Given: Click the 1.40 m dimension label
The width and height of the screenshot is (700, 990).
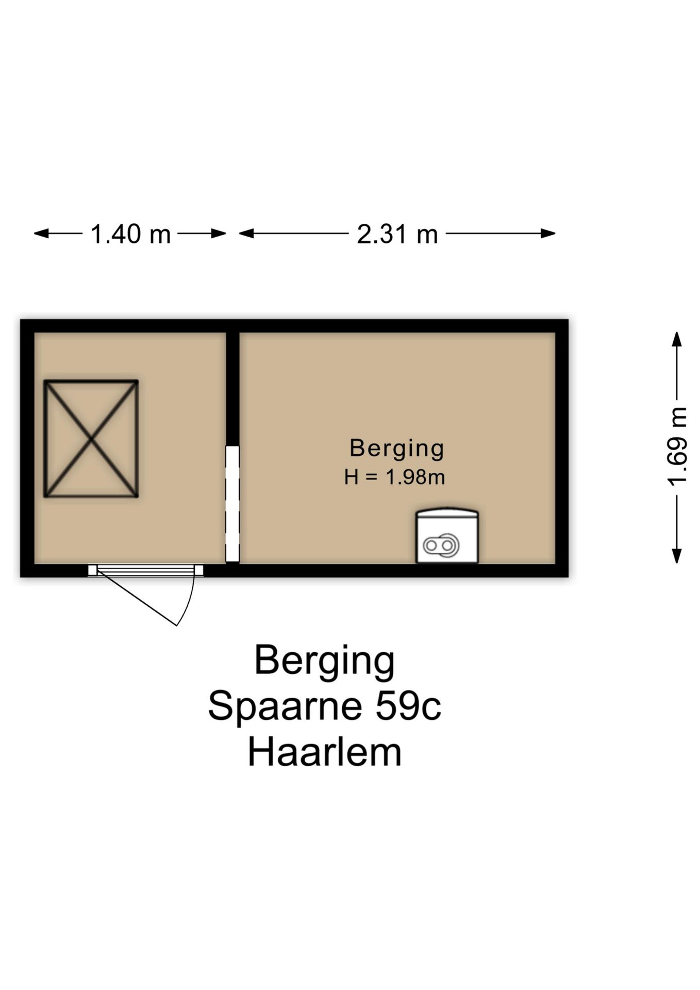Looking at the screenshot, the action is [130, 234].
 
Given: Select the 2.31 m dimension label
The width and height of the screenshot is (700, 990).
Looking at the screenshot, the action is [397, 234].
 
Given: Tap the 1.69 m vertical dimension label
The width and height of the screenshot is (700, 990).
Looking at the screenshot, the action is [677, 447].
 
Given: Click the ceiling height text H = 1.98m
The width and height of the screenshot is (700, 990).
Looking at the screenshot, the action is [394, 477].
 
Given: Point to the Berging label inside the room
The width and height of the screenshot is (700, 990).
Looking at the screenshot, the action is [396, 449].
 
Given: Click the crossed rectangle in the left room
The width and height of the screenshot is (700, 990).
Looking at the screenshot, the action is [91, 439].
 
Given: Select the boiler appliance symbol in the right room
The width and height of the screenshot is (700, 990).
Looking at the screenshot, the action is [447, 536].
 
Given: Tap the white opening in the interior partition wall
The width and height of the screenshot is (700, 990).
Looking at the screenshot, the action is [232, 504].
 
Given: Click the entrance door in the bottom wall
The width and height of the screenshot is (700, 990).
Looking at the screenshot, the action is [145, 570].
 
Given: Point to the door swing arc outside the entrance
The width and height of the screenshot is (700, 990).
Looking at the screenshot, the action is [189, 603].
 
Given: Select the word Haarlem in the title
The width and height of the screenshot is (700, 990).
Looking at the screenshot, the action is [324, 752].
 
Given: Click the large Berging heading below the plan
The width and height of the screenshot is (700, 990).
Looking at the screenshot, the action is [324, 662].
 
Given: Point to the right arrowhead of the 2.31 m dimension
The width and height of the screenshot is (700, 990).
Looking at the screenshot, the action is [548, 234].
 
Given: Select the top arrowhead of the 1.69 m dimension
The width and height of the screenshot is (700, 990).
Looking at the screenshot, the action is [677, 339].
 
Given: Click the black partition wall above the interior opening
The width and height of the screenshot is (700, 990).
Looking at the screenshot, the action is [232, 389].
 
